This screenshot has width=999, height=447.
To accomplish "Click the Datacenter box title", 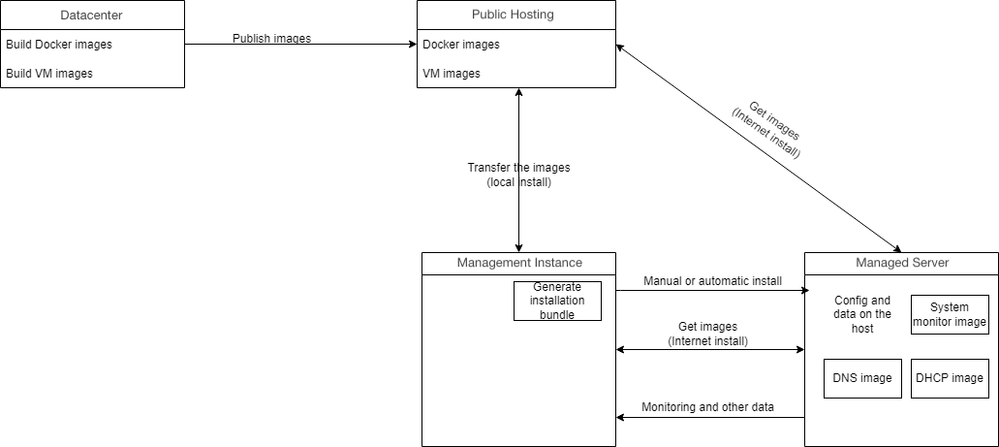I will (91, 16).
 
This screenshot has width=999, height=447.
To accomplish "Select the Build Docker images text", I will (59, 45).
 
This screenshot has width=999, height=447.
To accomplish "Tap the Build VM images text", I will (49, 74).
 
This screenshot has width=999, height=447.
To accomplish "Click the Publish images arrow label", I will (271, 39).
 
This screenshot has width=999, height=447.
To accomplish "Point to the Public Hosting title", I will (513, 16).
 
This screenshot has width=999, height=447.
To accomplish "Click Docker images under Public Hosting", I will (461, 45).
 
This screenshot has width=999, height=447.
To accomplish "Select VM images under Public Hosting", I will (452, 74).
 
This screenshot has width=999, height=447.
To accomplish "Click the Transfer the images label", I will (518, 175).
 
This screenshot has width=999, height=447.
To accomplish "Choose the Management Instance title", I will (519, 263).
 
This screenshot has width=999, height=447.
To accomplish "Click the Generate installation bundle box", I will (557, 301).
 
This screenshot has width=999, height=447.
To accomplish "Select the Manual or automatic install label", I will (712, 281).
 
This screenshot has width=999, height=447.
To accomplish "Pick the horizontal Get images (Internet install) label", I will (708, 334).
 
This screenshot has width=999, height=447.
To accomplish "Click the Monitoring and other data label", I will (707, 407).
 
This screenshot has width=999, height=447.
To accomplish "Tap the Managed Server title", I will (902, 263).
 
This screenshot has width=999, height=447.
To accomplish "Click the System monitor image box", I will (950, 315).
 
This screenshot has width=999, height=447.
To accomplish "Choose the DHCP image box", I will (950, 378).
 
